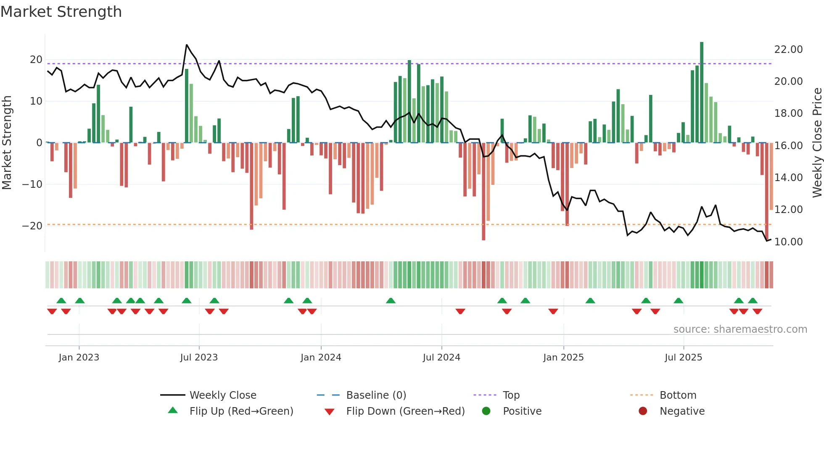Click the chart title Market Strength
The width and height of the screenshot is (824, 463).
tap(61, 12)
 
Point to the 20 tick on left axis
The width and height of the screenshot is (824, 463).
tap(36, 60)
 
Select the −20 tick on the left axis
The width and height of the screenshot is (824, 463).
tap(32, 226)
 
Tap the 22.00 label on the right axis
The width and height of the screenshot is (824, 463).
tap(788, 50)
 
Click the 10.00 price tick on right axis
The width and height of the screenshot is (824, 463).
tap(788, 242)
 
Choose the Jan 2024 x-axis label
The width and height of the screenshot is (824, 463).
tap(321, 358)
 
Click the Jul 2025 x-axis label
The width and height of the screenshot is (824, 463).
tap(683, 358)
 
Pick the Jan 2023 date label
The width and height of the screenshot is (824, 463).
tap(79, 358)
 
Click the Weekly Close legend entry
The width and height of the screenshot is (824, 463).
tap(223, 395)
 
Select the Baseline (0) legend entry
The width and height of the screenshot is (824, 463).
tap(376, 395)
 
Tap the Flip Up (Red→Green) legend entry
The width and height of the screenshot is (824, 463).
tap(241, 411)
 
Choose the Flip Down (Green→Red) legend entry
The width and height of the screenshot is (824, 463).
tap(405, 411)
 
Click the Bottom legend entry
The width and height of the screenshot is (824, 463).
tap(678, 395)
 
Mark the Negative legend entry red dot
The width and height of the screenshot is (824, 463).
tap(643, 411)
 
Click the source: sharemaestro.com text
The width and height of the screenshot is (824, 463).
tap(740, 329)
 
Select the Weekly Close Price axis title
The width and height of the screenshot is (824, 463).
tap(817, 143)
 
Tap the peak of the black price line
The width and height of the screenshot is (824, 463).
tap(187, 45)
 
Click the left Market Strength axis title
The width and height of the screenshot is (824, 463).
tap(7, 143)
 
